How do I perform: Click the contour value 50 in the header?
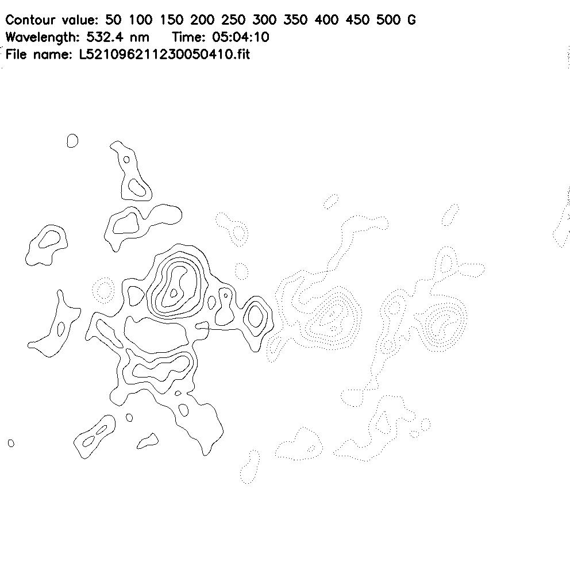tap(113, 20)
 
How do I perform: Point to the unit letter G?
tap(411, 20)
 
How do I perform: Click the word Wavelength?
tap(42, 37)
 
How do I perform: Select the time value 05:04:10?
tap(240, 37)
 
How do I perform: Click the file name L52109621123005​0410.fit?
tap(165, 55)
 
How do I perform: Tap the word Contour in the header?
tap(31, 20)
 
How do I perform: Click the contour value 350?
tap(295, 20)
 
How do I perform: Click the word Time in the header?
tap(187, 37)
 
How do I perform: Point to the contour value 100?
tap(140, 20)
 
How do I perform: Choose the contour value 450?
tap(357, 20)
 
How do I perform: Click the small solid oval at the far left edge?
tap(11, 443)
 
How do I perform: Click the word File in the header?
tap(16, 55)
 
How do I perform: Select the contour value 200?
tap(202, 20)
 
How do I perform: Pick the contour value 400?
tap(326, 20)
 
